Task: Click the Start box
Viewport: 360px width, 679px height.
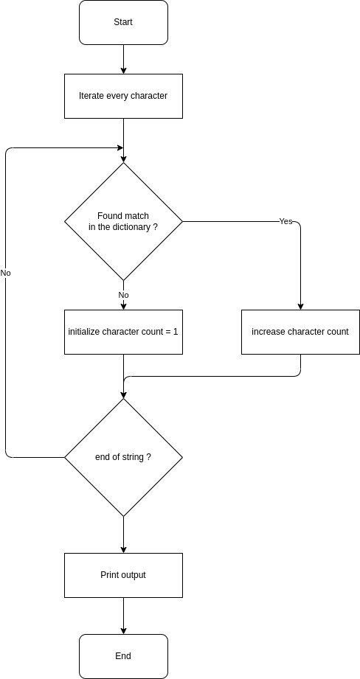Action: [x=123, y=23]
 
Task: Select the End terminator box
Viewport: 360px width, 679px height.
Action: [x=123, y=656]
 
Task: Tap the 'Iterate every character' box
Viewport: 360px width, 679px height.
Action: [x=123, y=96]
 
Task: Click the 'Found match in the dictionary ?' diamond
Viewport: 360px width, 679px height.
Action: [x=123, y=222]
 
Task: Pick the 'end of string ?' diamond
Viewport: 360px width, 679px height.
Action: [x=123, y=457]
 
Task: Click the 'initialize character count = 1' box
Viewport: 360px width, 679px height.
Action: [x=123, y=332]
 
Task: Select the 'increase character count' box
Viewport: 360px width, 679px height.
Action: [x=301, y=332]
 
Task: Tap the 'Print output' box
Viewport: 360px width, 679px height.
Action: [x=123, y=575]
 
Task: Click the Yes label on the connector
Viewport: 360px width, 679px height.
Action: [x=286, y=221]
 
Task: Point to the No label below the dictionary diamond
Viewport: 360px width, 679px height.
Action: [x=123, y=295]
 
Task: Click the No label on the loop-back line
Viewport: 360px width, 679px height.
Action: [x=6, y=274]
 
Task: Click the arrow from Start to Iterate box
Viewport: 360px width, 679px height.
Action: [x=123, y=59]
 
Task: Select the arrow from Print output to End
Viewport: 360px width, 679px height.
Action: [x=123, y=616]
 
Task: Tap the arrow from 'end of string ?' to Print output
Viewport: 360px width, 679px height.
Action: [x=123, y=535]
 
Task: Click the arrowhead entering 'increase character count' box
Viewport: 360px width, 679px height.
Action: [x=301, y=307]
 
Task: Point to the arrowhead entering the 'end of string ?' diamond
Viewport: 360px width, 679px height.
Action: [x=123, y=395]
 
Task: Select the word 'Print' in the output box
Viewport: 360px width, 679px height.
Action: [x=109, y=575]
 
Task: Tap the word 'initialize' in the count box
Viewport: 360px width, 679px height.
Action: [x=84, y=332]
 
